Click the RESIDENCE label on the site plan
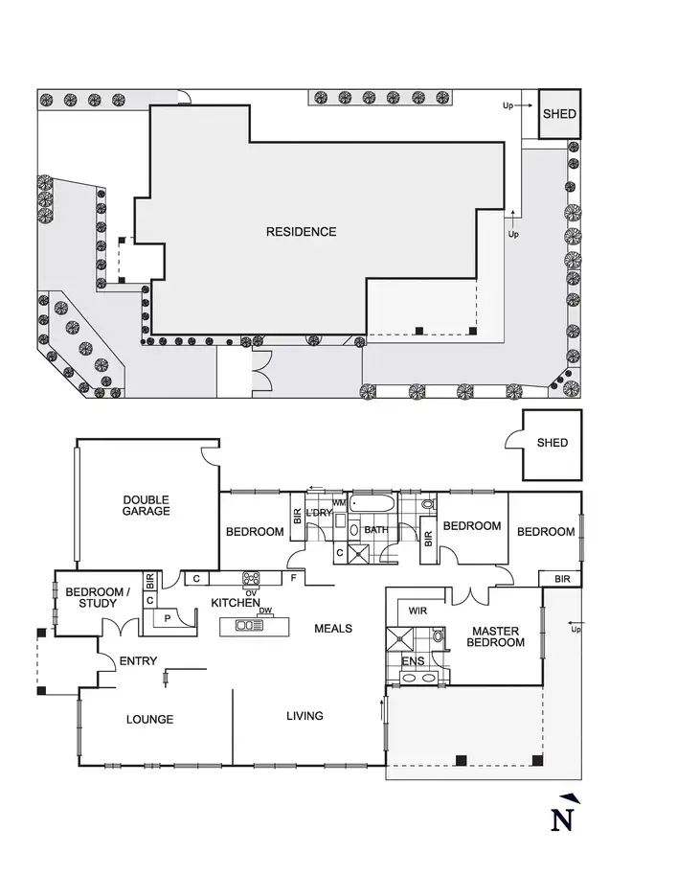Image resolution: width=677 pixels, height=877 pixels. pos(301,232)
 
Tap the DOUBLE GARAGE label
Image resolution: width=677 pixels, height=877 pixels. pos(146,505)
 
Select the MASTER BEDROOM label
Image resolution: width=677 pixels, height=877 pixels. pos(495,637)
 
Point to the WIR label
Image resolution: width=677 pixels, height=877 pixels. pos(417,610)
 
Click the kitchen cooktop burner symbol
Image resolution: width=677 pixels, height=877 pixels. pos(253,578)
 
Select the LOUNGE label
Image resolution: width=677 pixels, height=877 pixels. pos(149,719)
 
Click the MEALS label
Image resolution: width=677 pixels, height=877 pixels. pos(333,629)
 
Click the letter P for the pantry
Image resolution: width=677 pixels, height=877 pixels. pos(169,619)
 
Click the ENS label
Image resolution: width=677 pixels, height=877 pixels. pos(412,660)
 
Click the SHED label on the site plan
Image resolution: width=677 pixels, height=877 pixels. pos(559,114)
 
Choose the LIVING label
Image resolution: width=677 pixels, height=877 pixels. pos(305,715)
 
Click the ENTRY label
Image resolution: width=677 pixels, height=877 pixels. pos(138,661)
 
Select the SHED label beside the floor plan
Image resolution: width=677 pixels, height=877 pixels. pos(552,443)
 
